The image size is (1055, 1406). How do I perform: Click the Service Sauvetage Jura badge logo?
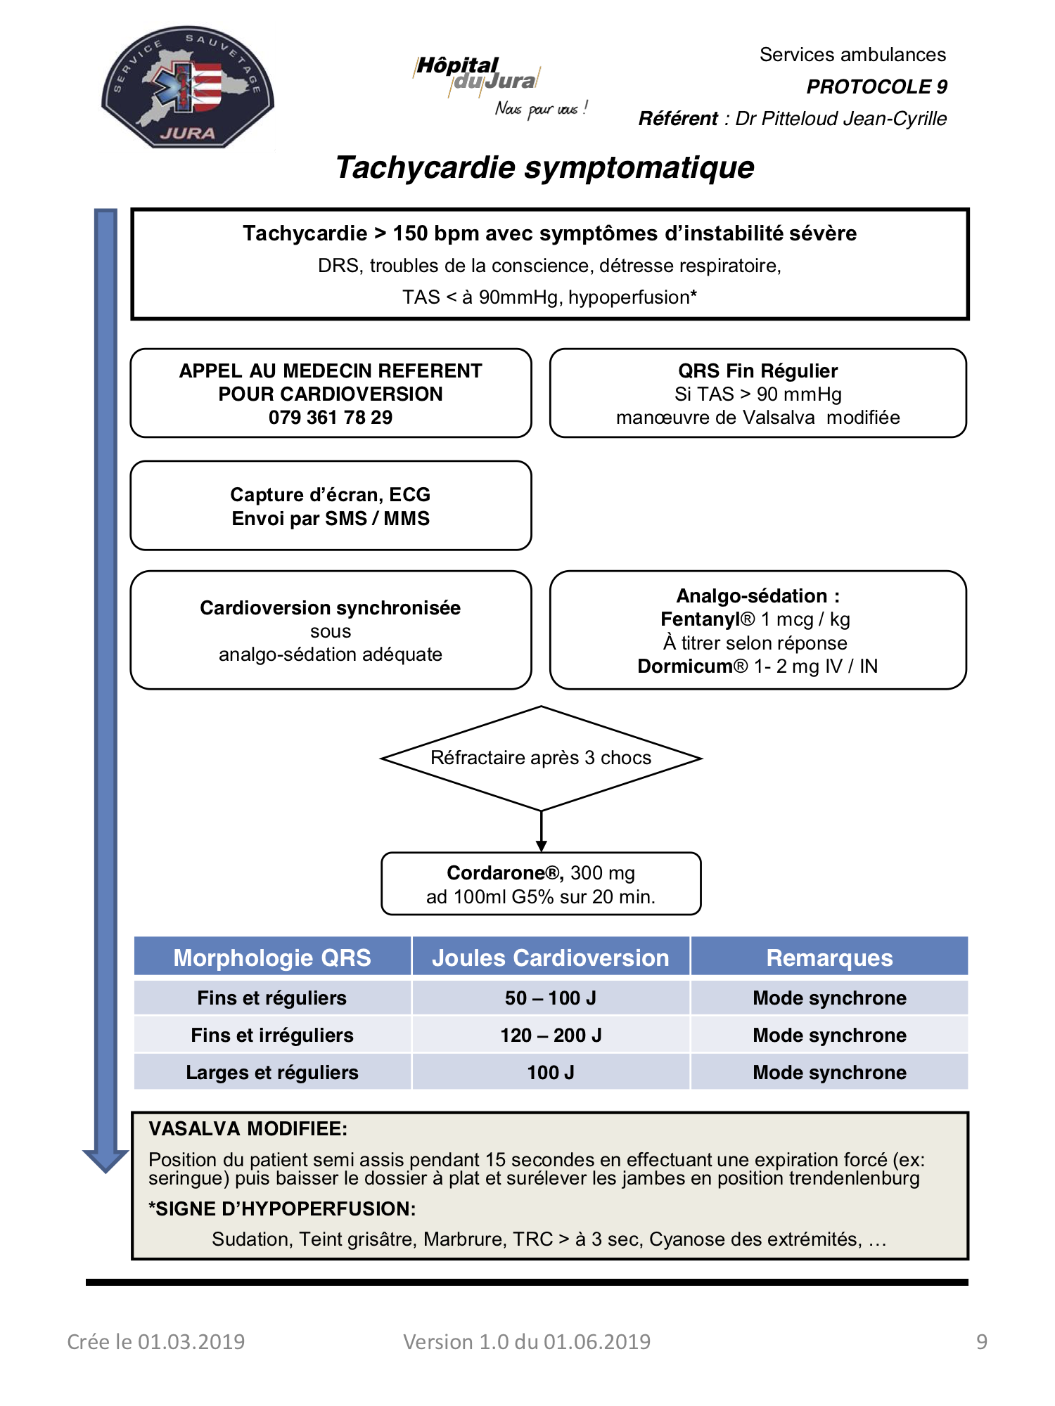[x=188, y=87]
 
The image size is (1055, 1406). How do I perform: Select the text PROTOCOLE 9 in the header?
[x=876, y=86]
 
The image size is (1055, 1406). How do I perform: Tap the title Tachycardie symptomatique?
[x=545, y=167]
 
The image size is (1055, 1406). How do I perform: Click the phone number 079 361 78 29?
[x=331, y=418]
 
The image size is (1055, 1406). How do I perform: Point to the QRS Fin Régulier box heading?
[x=757, y=370]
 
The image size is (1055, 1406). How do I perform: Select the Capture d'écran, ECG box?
[x=331, y=505]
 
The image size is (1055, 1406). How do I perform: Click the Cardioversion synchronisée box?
[x=331, y=630]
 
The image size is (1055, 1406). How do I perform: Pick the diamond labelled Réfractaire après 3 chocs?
[x=541, y=758]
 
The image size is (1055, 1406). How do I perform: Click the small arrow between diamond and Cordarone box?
[x=541, y=832]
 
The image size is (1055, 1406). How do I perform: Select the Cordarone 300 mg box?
[x=541, y=884]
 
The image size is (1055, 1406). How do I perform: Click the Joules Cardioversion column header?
[x=551, y=957]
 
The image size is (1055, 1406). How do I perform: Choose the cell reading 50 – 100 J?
[x=551, y=998]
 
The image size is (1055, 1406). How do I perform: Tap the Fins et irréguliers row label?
[x=272, y=1036]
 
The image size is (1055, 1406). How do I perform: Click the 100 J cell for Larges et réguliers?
[x=551, y=1073]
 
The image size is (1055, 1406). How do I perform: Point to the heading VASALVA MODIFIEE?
[x=248, y=1129]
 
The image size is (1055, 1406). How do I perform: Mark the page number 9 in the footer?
[x=982, y=1342]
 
